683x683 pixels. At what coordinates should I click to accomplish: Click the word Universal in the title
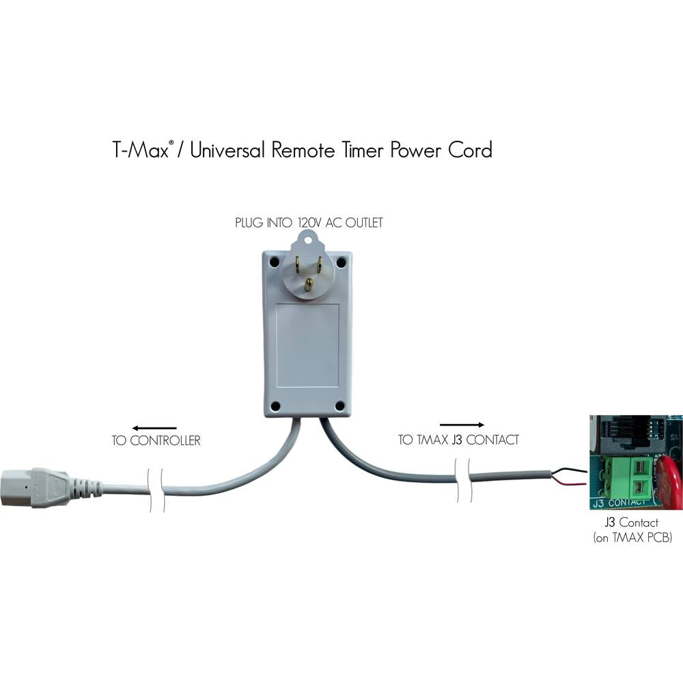(228, 150)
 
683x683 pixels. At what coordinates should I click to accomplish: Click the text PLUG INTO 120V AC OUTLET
(308, 223)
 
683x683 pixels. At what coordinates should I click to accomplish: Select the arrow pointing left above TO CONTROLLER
(154, 428)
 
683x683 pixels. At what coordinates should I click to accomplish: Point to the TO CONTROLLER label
(156, 441)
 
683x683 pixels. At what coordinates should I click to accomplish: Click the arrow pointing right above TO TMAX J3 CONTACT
(462, 425)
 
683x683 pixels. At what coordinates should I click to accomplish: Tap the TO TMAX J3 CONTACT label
(458, 441)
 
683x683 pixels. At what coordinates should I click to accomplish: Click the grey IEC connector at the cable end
(41, 488)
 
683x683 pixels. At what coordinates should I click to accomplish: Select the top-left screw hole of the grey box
(274, 262)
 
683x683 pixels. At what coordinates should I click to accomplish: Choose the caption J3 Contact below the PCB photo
(632, 524)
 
